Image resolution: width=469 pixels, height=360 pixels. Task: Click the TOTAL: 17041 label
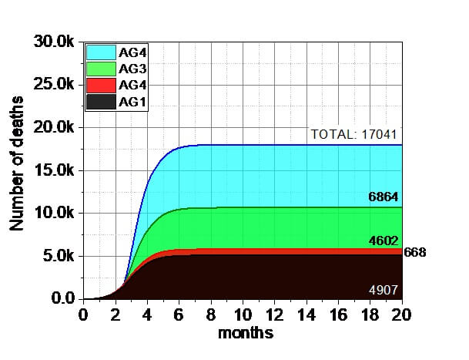tap(355, 135)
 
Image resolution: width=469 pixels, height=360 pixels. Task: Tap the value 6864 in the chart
tap(384, 197)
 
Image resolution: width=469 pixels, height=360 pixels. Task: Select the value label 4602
tap(384, 241)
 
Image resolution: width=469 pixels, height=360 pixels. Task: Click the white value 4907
tap(384, 290)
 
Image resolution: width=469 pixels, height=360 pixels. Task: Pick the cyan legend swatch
tap(100, 52)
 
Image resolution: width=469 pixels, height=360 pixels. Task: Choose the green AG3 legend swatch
tap(100, 69)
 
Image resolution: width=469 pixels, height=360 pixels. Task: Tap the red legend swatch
tap(100, 85)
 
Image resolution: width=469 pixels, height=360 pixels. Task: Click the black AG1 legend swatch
tap(100, 101)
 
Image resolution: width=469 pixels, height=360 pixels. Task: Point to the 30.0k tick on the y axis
tap(53, 42)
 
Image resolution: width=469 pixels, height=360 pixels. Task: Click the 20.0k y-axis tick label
tap(53, 127)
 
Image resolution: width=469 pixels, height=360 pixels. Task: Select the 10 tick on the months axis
tap(243, 315)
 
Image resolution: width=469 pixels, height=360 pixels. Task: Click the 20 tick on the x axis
tap(401, 315)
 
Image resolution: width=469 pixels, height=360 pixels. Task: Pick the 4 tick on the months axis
tap(146, 315)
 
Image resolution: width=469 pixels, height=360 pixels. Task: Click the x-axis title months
tap(245, 334)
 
